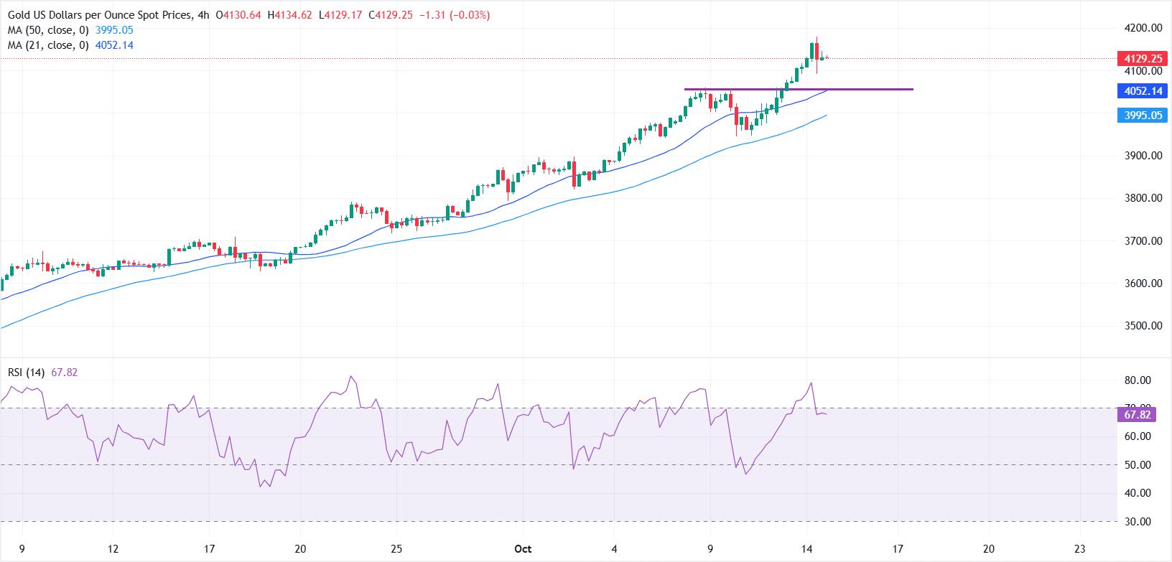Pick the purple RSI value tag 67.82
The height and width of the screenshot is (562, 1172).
click(1138, 415)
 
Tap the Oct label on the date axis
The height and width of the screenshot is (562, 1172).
click(523, 549)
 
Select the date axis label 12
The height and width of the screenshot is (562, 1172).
click(112, 549)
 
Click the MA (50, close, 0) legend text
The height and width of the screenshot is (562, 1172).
click(48, 30)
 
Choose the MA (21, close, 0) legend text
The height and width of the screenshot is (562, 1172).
click(48, 45)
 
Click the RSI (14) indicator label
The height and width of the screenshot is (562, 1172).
click(27, 373)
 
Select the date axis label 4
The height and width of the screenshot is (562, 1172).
click(615, 549)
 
